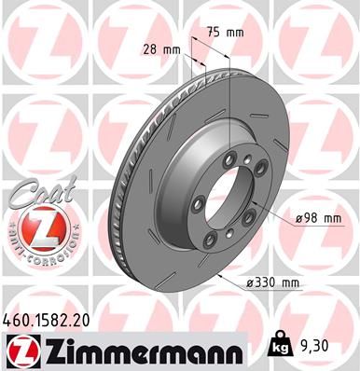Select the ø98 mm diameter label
(318, 218)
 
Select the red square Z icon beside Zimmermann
(20, 350)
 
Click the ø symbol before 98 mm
(298, 218)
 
